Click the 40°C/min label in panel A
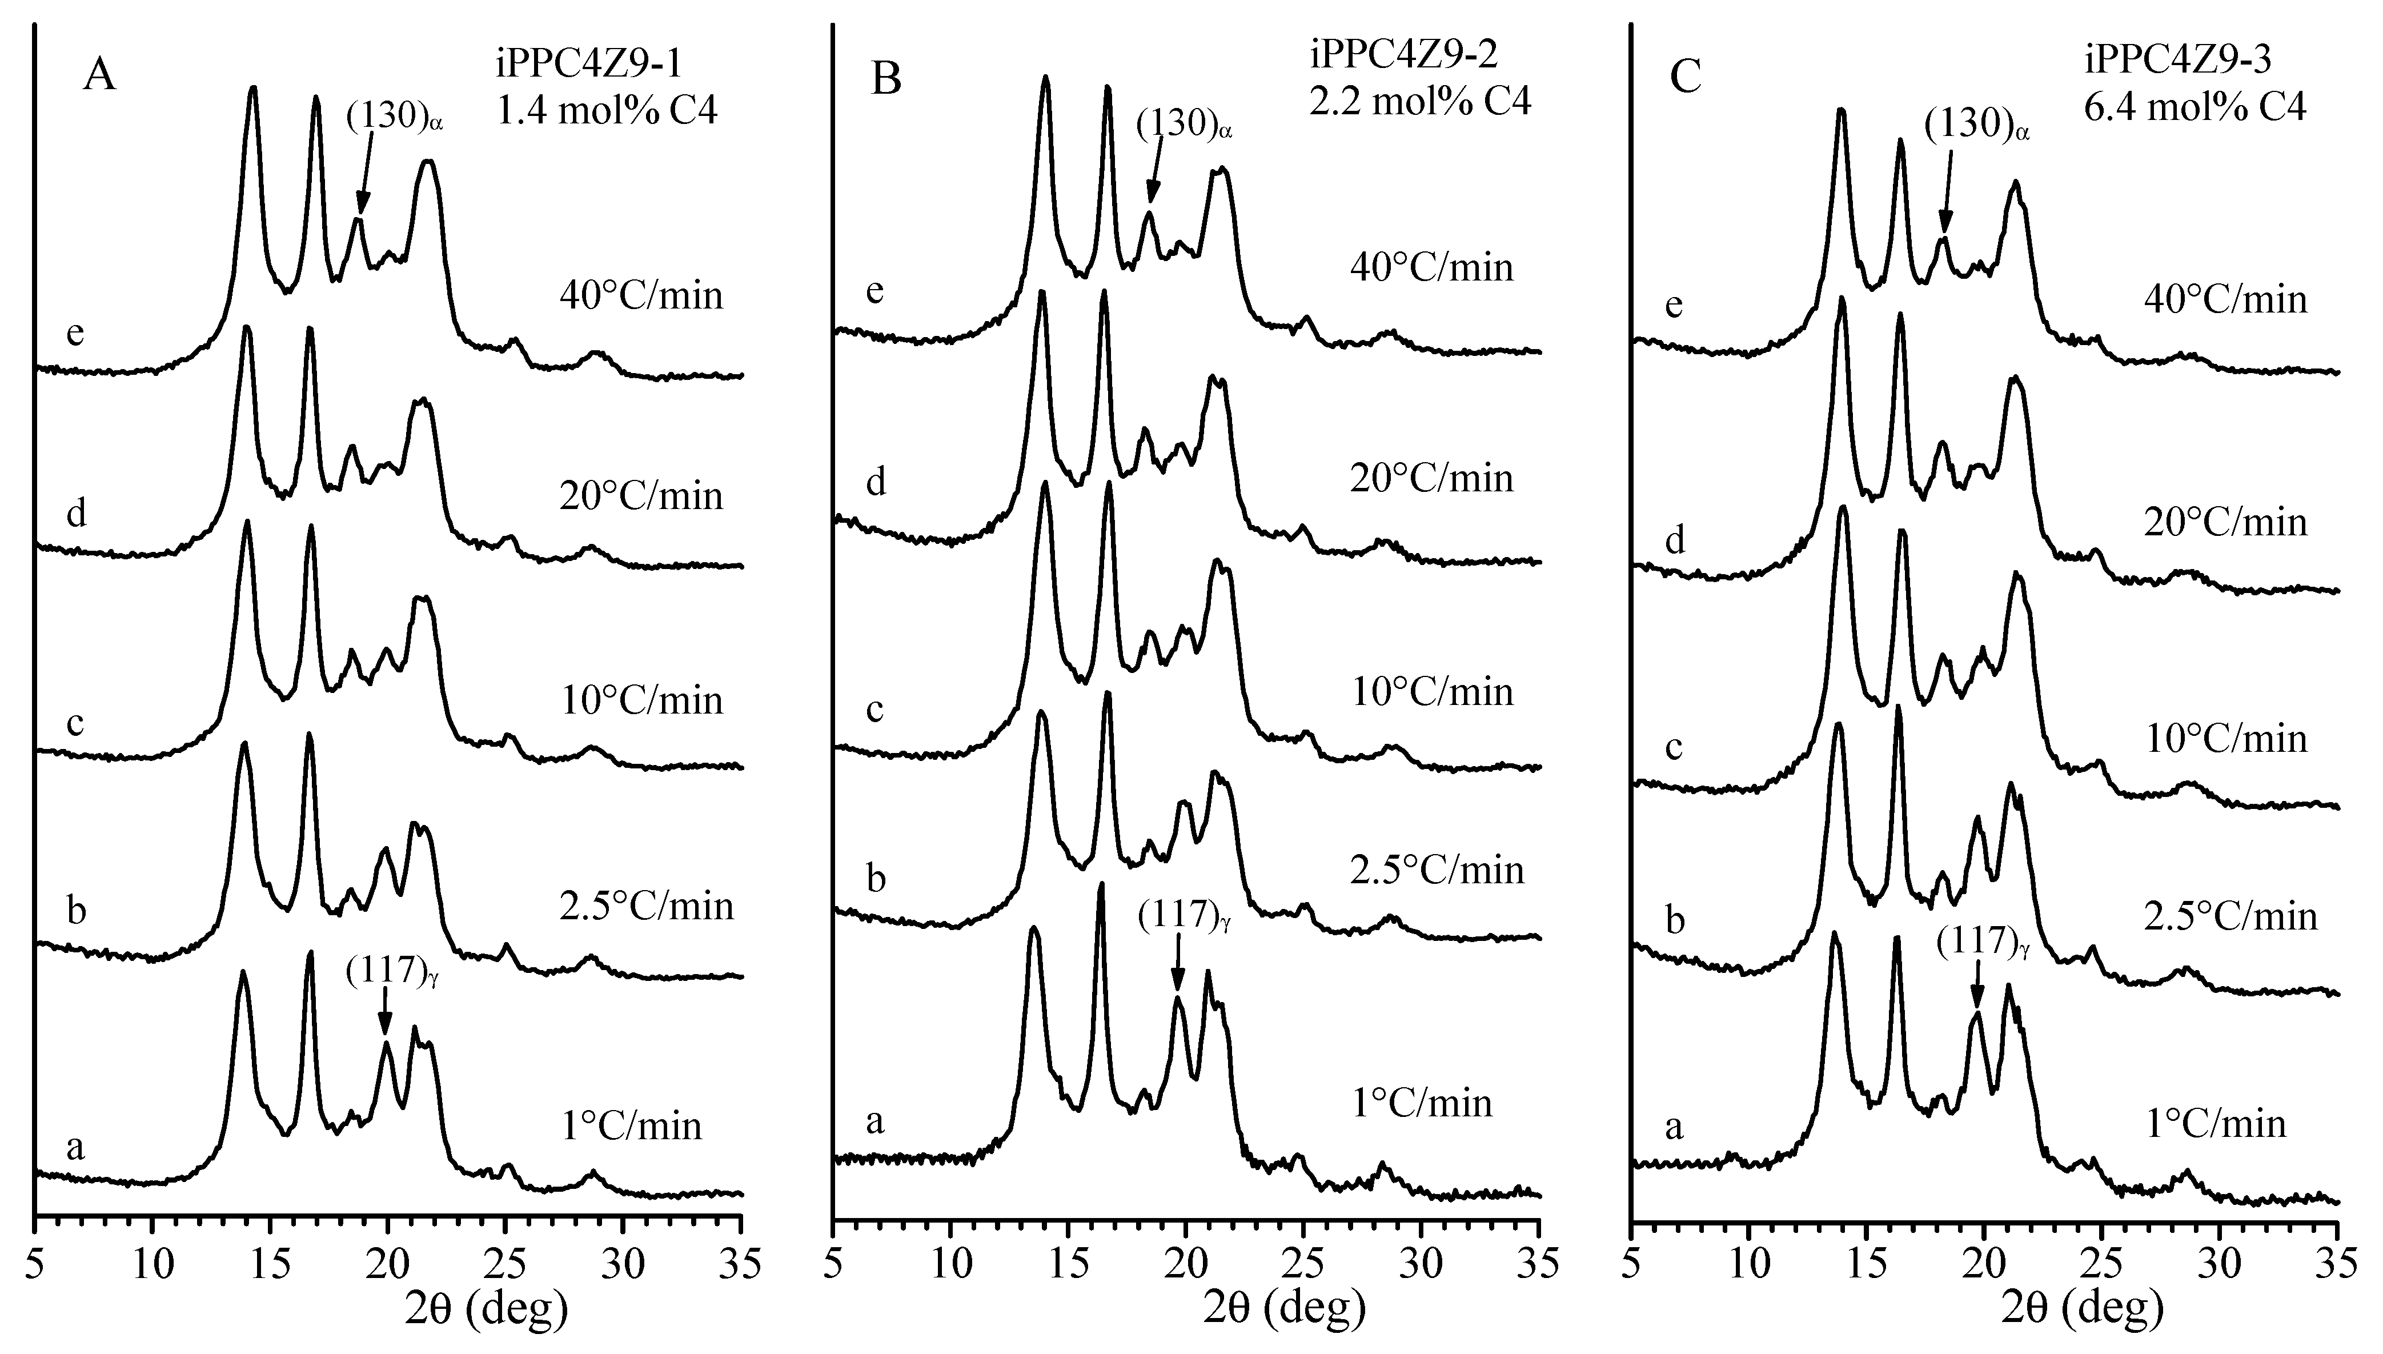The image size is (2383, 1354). (641, 297)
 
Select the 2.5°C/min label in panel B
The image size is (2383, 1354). (1437, 871)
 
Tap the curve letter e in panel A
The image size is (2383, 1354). (75, 334)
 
